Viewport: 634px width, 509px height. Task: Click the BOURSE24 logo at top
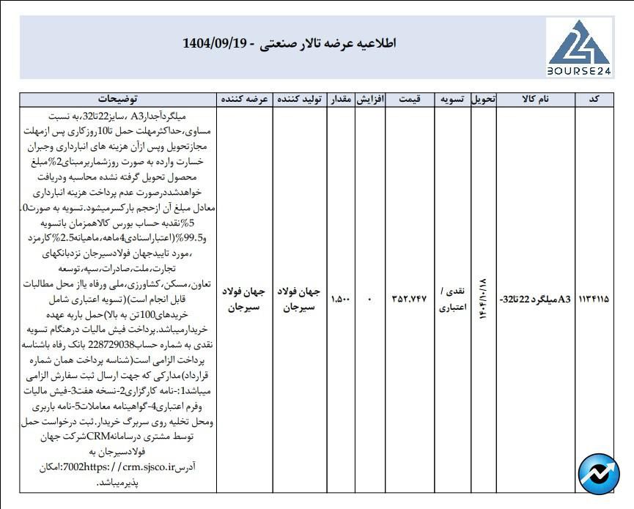point(579,47)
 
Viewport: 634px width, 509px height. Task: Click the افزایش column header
point(370,99)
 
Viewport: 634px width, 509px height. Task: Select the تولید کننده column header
point(299,99)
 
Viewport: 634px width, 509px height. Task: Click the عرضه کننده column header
point(243,99)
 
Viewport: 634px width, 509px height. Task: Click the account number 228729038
point(118,341)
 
